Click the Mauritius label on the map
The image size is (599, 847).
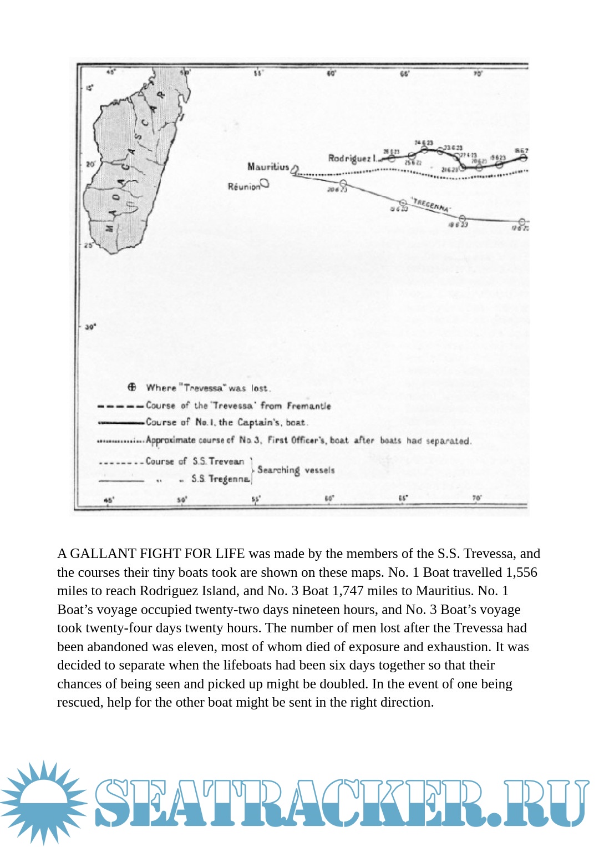pos(268,166)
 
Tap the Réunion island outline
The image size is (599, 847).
pos(265,182)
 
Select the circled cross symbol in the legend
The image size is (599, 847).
pos(132,387)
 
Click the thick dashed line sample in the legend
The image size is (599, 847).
pos(120,406)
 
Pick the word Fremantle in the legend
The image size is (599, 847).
pos(308,406)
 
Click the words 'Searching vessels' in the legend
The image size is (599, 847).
pos(296,470)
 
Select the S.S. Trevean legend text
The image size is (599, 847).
pos(218,461)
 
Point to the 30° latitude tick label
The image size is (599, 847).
pos(90,327)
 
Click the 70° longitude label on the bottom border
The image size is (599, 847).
pos(476,499)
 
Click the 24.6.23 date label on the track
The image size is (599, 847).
pos(424,143)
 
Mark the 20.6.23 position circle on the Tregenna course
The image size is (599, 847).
pos(343,183)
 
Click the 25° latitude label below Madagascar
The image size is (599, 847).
pos(89,245)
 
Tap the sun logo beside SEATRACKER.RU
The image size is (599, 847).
pos(43,802)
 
